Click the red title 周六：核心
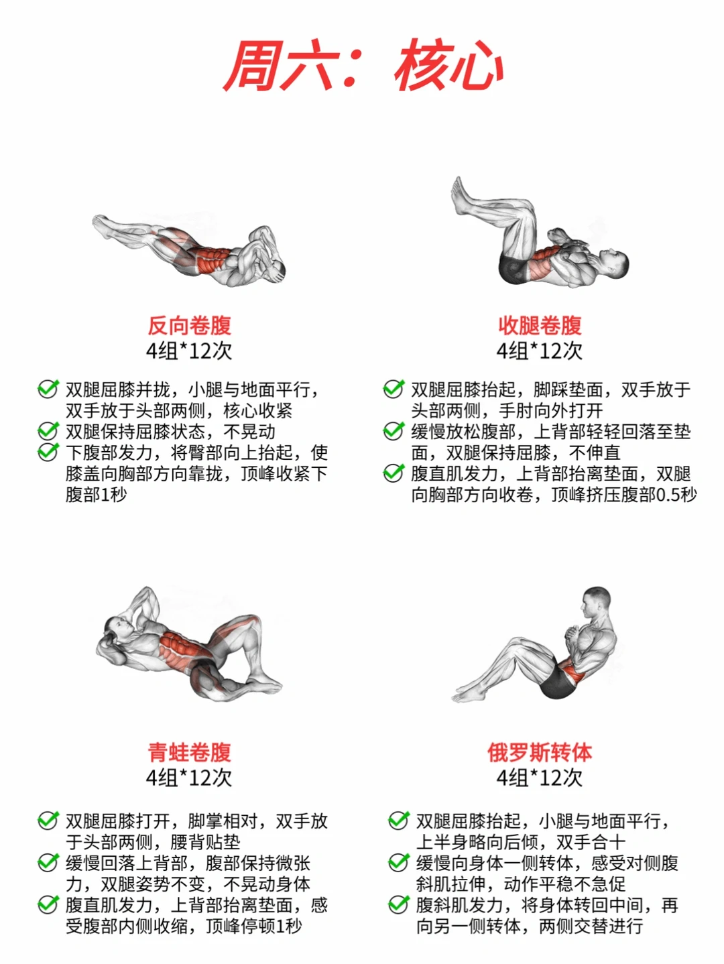(363, 66)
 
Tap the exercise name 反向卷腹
(189, 325)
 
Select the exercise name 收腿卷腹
(540, 325)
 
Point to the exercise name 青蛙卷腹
(189, 752)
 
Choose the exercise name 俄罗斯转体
(540, 752)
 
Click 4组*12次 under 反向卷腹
(189, 351)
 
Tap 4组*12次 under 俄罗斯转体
(540, 778)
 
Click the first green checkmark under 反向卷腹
(48, 389)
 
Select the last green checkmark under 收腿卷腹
(394, 473)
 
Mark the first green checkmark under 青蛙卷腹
(48, 820)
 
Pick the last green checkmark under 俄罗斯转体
(399, 904)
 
